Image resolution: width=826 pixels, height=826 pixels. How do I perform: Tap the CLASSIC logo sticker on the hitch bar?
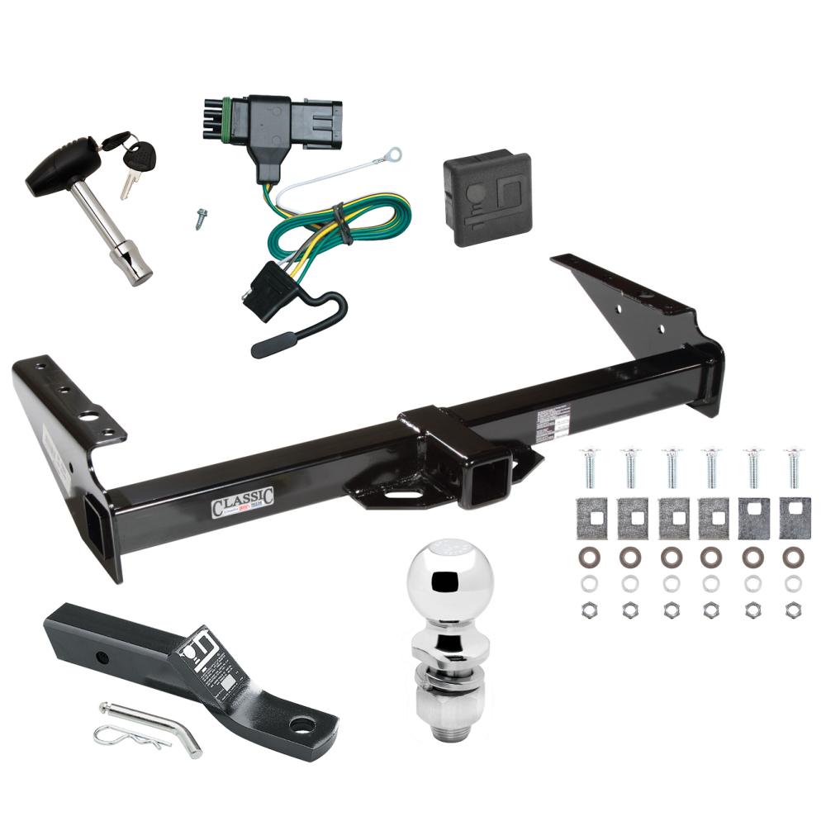coord(242,503)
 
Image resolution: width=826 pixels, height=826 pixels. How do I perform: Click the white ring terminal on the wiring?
coord(399,152)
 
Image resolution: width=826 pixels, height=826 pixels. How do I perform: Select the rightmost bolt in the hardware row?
coord(795,469)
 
